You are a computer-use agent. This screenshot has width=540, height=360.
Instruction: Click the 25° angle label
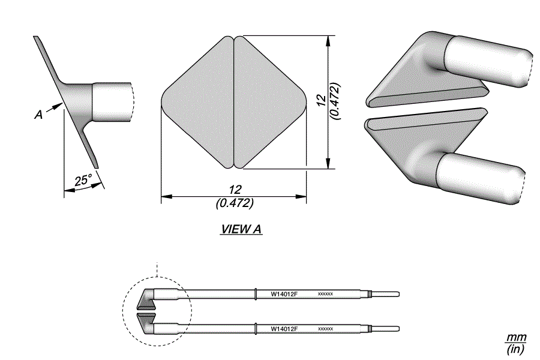pyautogui.click(x=83, y=180)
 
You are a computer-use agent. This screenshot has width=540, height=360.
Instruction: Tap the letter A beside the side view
pyautogui.click(x=39, y=115)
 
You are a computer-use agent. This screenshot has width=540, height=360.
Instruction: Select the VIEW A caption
pyautogui.click(x=241, y=229)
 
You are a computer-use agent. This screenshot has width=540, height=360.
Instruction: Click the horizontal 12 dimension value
pyautogui.click(x=235, y=190)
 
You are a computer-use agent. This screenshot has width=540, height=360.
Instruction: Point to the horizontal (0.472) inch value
pyautogui.click(x=235, y=203)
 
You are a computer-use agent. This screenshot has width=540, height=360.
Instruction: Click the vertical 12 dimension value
pyautogui.click(x=321, y=100)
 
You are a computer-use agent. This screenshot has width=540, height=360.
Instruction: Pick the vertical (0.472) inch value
pyautogui.click(x=335, y=101)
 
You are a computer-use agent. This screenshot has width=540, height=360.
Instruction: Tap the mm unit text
pyautogui.click(x=516, y=337)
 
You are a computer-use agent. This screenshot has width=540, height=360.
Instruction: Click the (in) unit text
pyautogui.click(x=516, y=349)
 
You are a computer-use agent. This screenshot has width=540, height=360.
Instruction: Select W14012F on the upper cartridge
pyautogui.click(x=284, y=294)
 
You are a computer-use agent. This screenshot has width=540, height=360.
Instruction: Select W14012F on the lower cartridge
pyautogui.click(x=284, y=329)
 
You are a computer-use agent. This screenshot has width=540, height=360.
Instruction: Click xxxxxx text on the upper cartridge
pyautogui.click(x=325, y=294)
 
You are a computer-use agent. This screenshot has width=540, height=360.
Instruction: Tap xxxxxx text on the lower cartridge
pyautogui.click(x=325, y=329)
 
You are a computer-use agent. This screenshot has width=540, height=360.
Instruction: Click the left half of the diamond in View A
pyautogui.click(x=198, y=103)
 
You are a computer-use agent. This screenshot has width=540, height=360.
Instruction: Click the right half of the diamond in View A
pyautogui.click(x=270, y=103)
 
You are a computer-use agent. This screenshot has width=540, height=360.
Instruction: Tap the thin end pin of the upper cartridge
pyautogui.click(x=386, y=294)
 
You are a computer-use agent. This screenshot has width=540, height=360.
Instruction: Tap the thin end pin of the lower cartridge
pyautogui.click(x=386, y=329)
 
